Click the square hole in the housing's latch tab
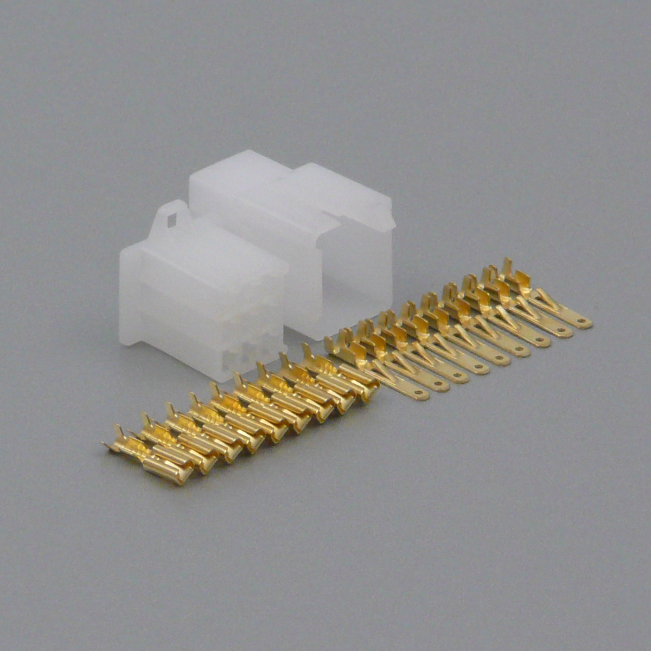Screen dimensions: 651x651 (x=173, y=220)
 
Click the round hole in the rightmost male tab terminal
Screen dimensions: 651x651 (x=583, y=322)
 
